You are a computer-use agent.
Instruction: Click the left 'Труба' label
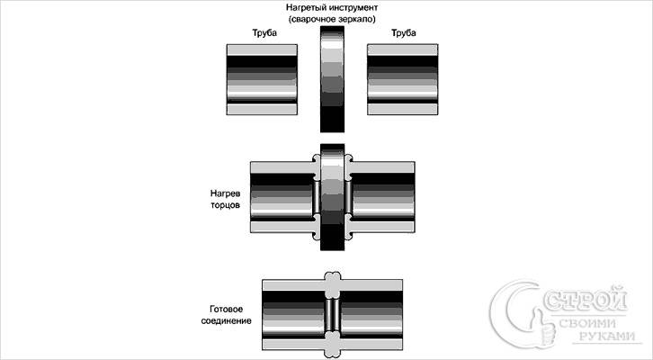[264, 34]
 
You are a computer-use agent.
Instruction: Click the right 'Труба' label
[402, 34]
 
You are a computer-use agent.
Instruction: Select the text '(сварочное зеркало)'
[334, 20]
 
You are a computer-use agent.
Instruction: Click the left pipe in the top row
[264, 80]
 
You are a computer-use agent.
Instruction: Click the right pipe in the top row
[403, 80]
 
